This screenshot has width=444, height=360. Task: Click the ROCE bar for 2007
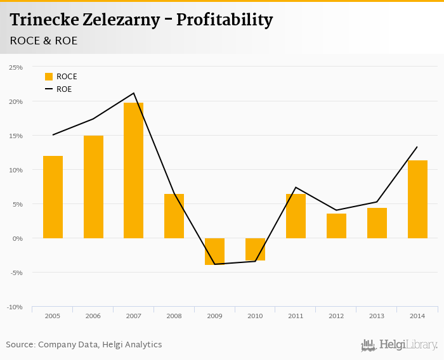coord(134,170)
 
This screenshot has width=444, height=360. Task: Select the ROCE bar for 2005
coord(53,196)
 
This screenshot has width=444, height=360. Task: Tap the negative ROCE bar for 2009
coord(215,251)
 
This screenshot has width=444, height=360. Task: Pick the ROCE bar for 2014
coord(417,199)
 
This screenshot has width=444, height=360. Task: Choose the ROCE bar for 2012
coord(336,226)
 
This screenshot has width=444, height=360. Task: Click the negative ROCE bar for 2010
coord(256,249)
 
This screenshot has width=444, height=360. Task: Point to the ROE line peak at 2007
coord(134,93)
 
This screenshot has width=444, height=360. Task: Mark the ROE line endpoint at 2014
coord(417,147)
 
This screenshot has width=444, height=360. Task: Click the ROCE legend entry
coord(61,77)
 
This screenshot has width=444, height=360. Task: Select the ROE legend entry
coord(58,89)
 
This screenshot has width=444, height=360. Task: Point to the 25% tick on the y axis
coord(16,67)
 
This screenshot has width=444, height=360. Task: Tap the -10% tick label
coord(15,307)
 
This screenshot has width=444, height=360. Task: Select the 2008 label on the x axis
coord(174,316)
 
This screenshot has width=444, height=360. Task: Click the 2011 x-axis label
coord(296,316)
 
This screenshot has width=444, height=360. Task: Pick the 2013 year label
coord(377,316)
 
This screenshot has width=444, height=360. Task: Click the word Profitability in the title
coord(225,20)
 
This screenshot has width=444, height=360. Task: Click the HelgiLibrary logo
coord(400,345)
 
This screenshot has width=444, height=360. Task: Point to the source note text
coord(84,345)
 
